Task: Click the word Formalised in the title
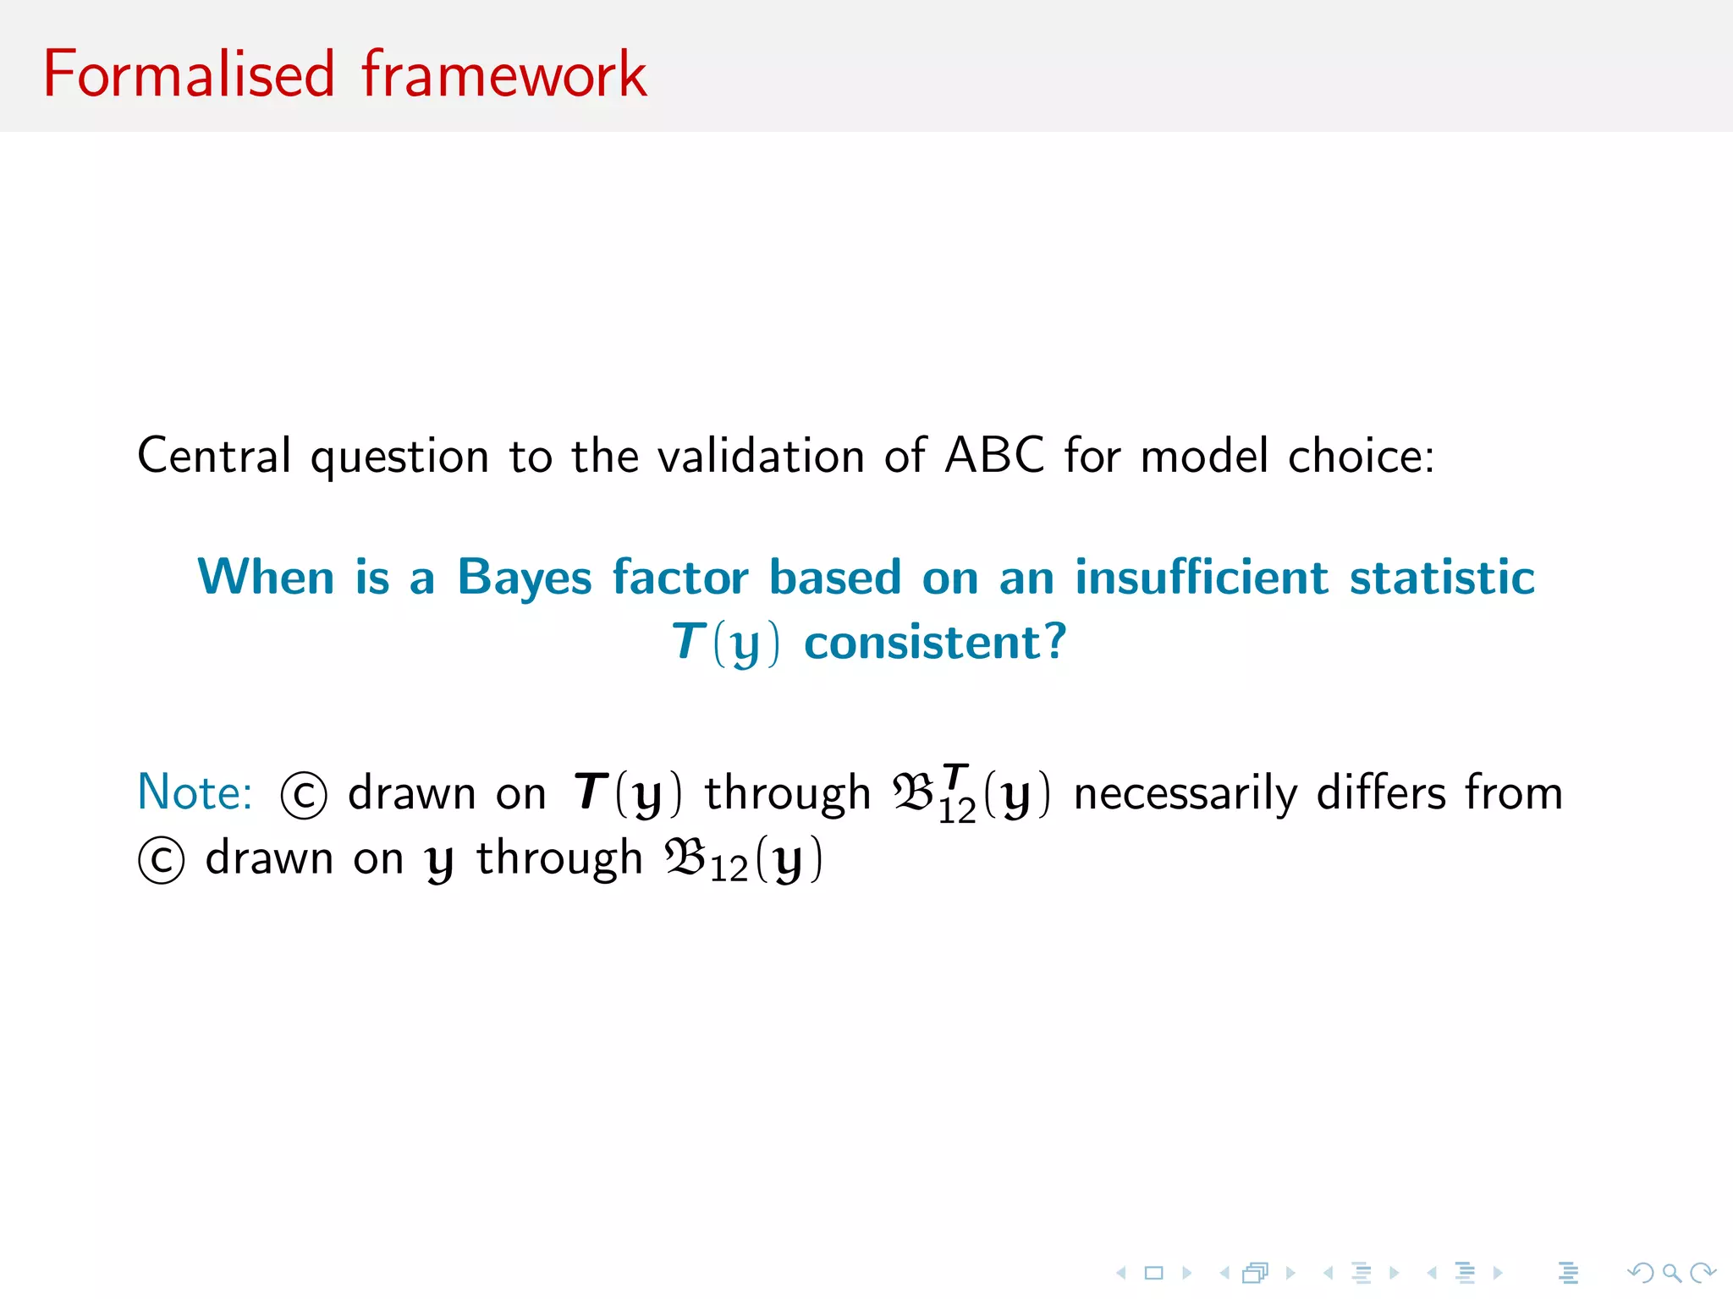click(x=189, y=74)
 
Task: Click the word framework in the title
click(x=504, y=74)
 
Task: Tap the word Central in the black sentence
click(x=214, y=456)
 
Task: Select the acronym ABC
click(x=994, y=456)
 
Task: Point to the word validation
click(x=761, y=456)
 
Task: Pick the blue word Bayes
click(x=525, y=578)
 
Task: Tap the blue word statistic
click(x=1442, y=578)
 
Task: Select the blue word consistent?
click(x=935, y=643)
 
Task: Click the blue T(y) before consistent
click(x=725, y=643)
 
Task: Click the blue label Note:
click(x=195, y=793)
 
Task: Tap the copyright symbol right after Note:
click(x=303, y=796)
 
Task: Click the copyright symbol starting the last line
click(x=161, y=861)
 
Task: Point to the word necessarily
click(x=1185, y=793)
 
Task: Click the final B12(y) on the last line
click(x=743, y=859)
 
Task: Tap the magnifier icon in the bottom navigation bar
click(x=1670, y=1272)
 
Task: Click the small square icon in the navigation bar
click(x=1153, y=1272)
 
